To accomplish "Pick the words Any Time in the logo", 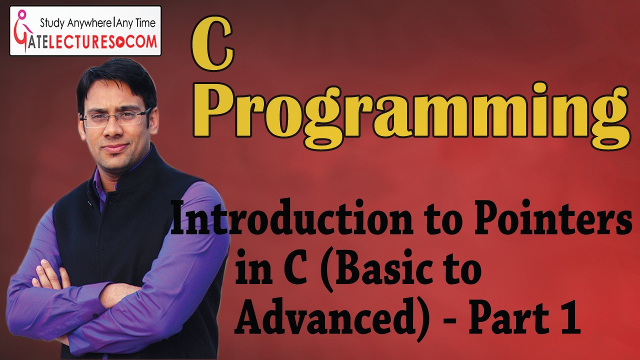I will pyautogui.click(x=135, y=22).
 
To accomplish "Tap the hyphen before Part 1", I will pyautogui.click(x=452, y=320).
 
